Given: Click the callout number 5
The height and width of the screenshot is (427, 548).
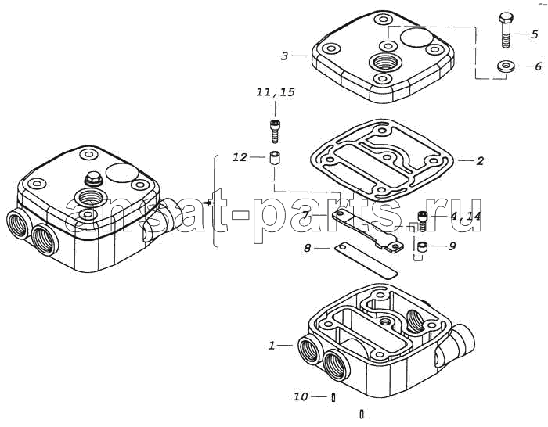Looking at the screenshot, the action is (x=534, y=34).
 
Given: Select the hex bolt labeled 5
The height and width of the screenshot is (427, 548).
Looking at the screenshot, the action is (x=506, y=30).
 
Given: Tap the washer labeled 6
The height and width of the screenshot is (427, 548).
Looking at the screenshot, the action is (x=505, y=66).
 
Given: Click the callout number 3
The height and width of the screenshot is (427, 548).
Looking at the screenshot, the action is (x=285, y=56).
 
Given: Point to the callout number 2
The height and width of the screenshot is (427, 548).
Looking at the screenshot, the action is (x=480, y=161).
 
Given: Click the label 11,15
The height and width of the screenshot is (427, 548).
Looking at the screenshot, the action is (x=276, y=92).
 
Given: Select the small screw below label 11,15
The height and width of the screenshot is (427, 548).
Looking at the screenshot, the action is (x=275, y=131).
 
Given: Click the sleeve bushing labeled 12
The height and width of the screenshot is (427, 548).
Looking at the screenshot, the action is (x=273, y=159).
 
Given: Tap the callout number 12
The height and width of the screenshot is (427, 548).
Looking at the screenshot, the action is (x=240, y=157).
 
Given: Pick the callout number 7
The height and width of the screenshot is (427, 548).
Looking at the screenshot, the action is (x=306, y=214).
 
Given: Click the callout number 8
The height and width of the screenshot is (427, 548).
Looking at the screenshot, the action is (x=307, y=248).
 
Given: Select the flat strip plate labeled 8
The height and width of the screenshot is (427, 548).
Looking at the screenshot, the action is (x=366, y=260).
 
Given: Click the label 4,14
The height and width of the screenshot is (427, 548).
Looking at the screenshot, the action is (x=465, y=216).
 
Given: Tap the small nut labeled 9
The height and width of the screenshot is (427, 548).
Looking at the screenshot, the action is (x=422, y=248).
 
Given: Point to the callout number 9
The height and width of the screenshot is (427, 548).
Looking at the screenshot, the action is (x=452, y=246).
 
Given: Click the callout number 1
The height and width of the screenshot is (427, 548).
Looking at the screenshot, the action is (x=272, y=346).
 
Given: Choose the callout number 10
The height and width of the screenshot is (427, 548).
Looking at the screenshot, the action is (x=301, y=397).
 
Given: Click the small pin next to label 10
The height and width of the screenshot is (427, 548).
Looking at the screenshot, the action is (x=333, y=397).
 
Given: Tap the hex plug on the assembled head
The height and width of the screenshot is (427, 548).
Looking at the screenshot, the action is (x=93, y=179).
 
